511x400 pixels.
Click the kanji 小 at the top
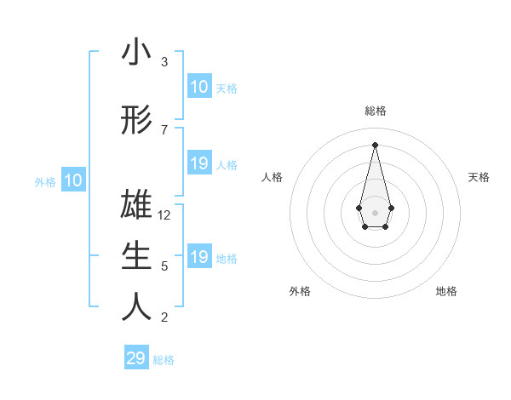[x=136, y=54]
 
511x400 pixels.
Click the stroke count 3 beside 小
[x=164, y=62]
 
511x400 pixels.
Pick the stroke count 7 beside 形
[x=164, y=129]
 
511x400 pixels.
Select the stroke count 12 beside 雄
[x=164, y=215]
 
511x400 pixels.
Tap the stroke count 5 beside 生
[x=164, y=266]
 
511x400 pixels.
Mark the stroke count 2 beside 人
[x=164, y=317]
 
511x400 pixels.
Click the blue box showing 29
[x=136, y=358]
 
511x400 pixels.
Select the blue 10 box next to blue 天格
[x=198, y=87]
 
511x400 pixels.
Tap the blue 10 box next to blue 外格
[x=73, y=180]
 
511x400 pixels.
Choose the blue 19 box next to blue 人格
[x=198, y=163]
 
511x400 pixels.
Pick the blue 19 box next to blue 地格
[x=198, y=257]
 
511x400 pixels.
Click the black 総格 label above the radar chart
[x=375, y=111]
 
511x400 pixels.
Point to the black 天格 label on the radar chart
[x=479, y=177]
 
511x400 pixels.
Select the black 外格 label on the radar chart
[x=300, y=291]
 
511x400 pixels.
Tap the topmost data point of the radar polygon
[x=375, y=144]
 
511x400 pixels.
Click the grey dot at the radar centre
[x=375, y=212]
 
